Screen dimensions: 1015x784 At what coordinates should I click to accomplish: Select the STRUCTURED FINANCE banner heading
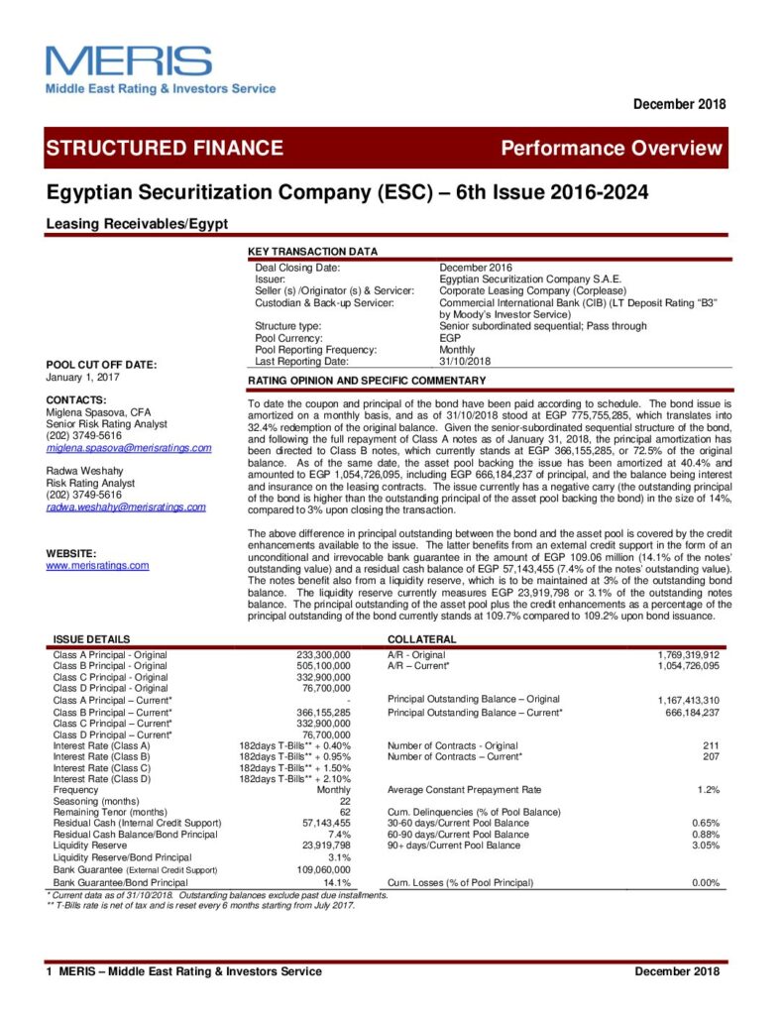[165, 149]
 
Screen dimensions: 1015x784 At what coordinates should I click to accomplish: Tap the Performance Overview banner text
[612, 149]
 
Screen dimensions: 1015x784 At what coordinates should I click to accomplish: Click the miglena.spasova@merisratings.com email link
[129, 448]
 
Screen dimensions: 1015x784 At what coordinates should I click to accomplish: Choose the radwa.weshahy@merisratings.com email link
[126, 507]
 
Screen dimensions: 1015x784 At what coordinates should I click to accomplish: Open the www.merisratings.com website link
[97, 566]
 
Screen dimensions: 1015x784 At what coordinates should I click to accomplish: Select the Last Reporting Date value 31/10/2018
[466, 361]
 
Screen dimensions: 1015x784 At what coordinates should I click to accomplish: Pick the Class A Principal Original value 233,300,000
[323, 655]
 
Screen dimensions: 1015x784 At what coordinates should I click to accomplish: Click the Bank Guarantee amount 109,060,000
[323, 869]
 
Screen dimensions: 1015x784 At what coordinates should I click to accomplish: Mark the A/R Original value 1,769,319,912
[688, 655]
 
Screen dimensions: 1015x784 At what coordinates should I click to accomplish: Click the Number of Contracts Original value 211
[711, 745]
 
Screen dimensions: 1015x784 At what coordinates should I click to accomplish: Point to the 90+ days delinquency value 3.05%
[704, 846]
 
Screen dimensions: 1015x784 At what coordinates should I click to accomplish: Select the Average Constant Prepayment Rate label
[465, 789]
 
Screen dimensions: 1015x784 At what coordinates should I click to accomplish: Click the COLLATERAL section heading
[422, 639]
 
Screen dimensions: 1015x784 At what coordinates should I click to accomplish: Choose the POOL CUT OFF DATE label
[101, 365]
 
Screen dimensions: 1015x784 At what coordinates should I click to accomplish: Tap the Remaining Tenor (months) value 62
[345, 812]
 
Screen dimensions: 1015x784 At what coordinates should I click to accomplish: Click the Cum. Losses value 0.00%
[703, 882]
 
